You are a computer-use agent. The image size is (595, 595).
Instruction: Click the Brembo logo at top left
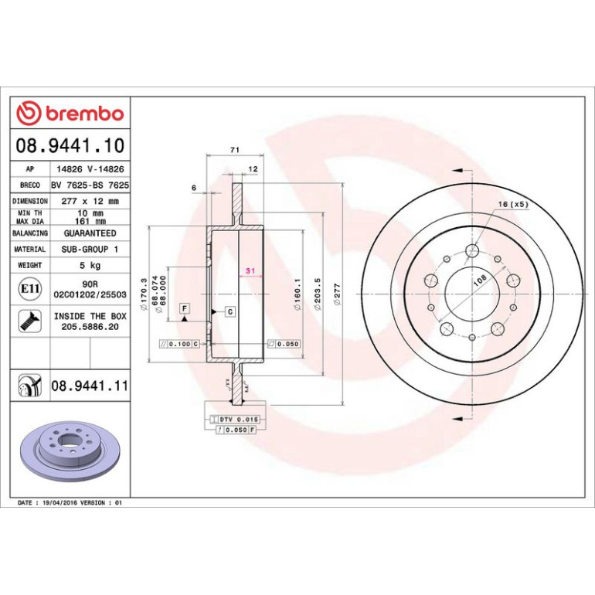70,113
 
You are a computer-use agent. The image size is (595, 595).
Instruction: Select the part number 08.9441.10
70,145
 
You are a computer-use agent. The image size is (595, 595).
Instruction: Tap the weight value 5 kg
90,265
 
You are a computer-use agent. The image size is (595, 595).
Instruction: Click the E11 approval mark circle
29,289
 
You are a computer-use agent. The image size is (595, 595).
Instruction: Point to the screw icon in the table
29,321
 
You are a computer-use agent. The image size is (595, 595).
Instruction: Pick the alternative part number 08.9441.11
90,386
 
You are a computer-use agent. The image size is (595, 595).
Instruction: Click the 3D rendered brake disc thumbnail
70,451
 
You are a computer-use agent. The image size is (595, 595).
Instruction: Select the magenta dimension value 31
250,270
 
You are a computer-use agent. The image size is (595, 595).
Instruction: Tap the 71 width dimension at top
235,150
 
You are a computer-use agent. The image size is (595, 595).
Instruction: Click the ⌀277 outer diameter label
337,294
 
